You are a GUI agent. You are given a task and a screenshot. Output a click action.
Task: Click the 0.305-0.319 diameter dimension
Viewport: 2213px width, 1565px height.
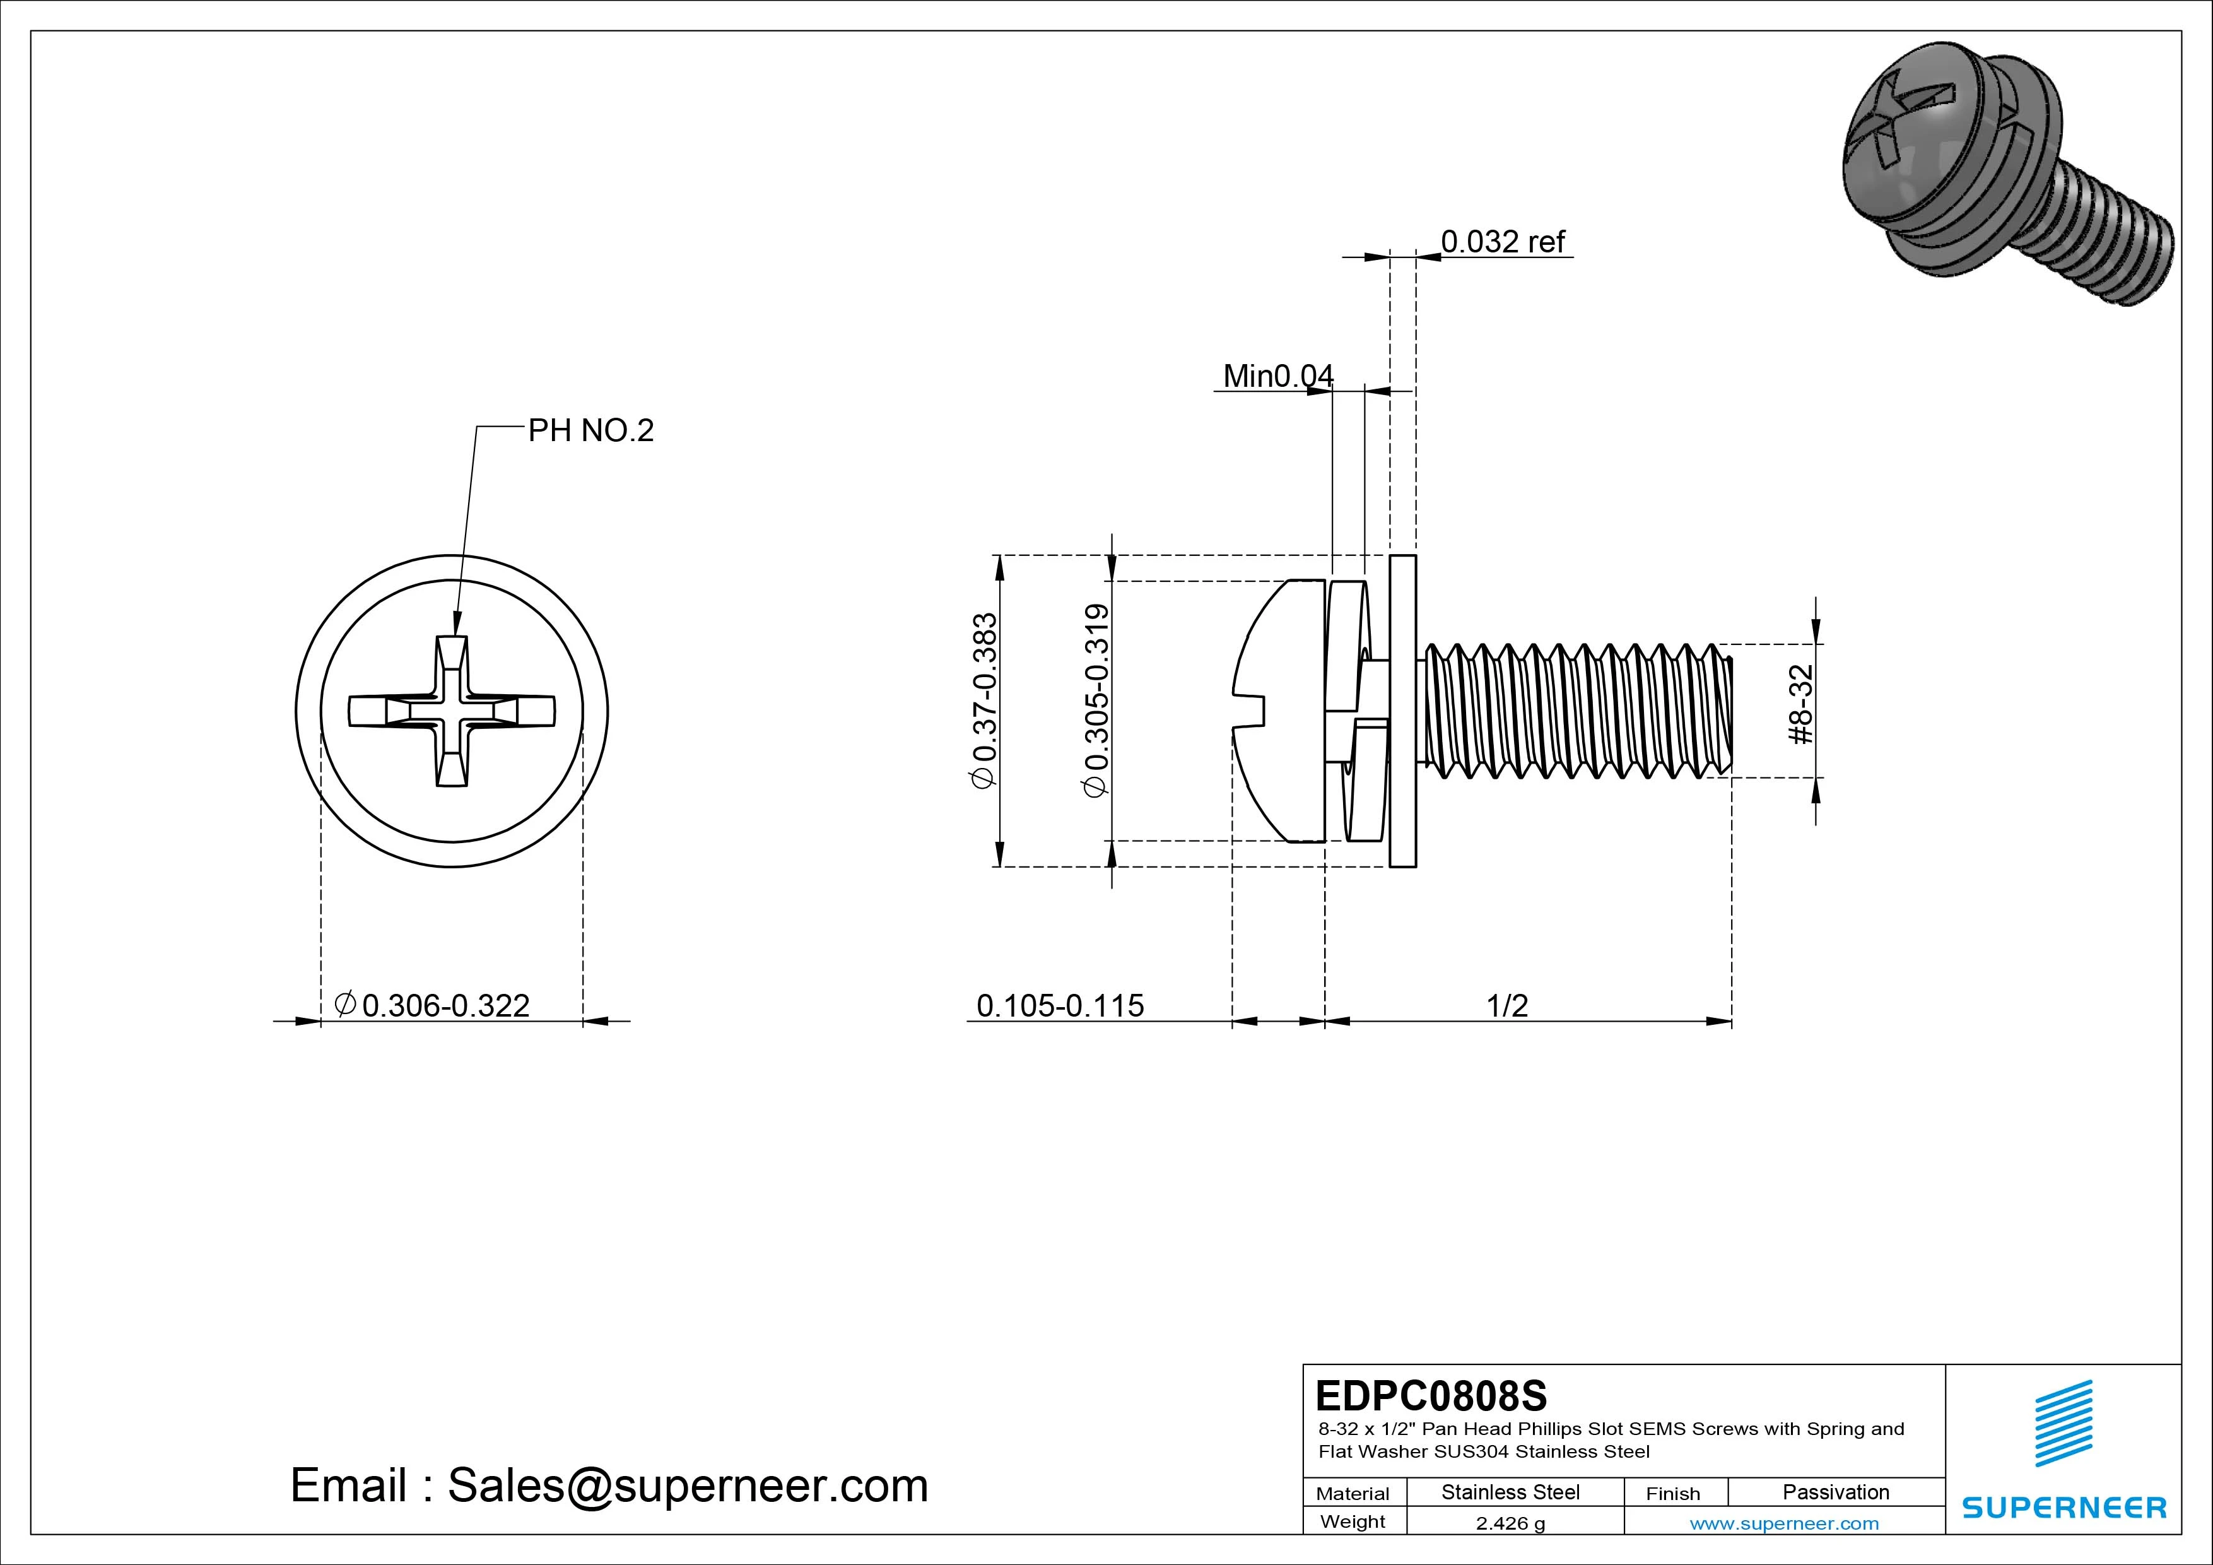coord(1097,700)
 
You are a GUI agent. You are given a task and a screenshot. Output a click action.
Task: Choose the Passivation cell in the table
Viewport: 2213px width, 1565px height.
coord(1835,1492)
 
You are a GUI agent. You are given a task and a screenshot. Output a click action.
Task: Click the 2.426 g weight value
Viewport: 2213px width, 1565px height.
coord(1510,1523)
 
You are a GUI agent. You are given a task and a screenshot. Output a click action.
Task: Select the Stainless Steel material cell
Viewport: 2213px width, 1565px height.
coord(1510,1492)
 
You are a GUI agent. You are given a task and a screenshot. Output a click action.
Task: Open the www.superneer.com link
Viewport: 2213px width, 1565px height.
coord(1784,1523)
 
